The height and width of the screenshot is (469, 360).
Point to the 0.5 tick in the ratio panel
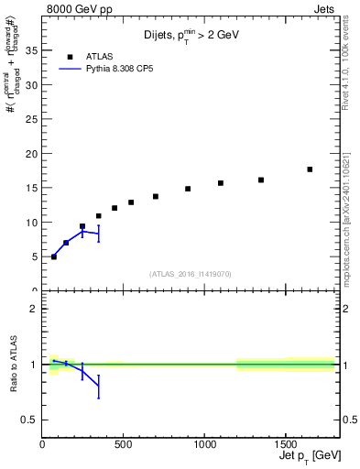click(x=29, y=420)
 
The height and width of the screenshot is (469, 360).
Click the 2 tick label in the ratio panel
click(x=34, y=309)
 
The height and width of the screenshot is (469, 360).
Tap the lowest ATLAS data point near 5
click(x=54, y=256)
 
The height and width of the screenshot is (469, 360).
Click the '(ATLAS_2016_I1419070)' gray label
click(x=190, y=273)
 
